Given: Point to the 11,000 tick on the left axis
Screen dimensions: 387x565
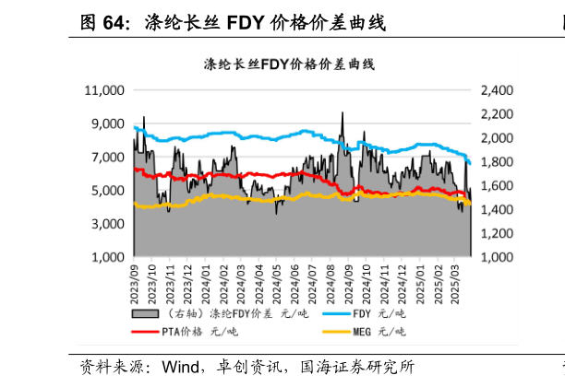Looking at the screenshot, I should point(103,90).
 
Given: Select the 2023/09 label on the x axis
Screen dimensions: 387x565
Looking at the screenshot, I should point(136,279).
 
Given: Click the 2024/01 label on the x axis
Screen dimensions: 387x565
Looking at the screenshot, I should point(206,279).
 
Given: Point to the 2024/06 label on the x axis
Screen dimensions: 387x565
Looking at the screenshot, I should point(295,279).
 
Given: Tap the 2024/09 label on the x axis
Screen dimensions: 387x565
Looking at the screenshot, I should point(348,279).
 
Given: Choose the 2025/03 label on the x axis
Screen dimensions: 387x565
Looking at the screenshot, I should point(454,279).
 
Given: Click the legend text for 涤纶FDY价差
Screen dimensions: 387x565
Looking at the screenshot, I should point(227,313).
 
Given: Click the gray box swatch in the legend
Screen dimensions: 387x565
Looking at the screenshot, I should point(144,313).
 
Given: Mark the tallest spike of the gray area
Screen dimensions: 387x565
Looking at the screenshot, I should point(343,113).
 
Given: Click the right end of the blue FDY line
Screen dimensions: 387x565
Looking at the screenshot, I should point(471,163).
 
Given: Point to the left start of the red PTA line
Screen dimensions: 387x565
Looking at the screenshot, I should point(135,170).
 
